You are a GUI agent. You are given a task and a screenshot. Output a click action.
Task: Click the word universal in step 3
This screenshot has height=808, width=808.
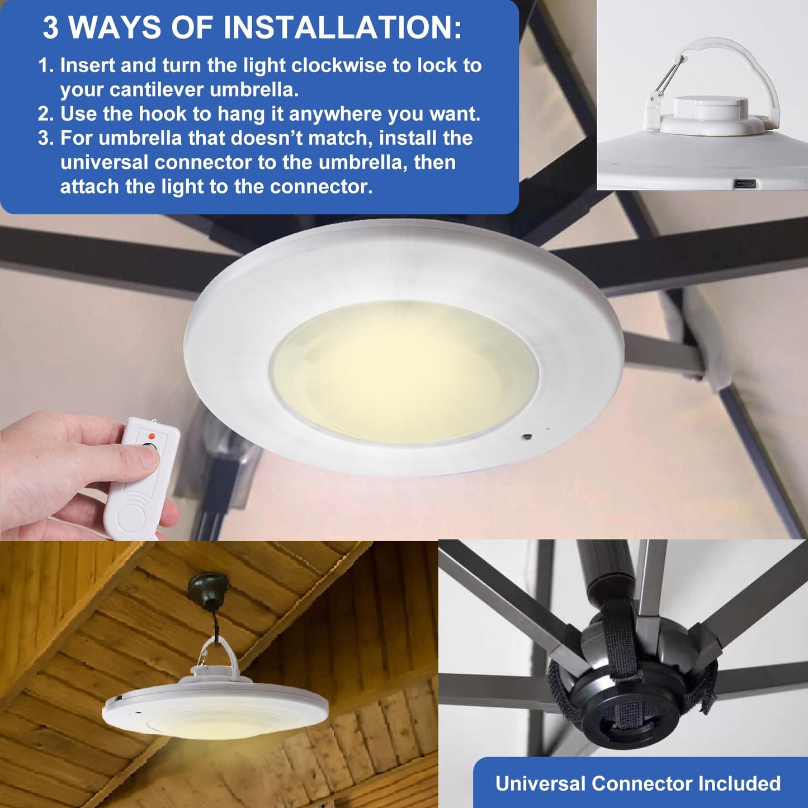(x=104, y=163)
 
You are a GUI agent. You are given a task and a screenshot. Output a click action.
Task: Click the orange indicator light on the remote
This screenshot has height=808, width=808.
(x=152, y=434)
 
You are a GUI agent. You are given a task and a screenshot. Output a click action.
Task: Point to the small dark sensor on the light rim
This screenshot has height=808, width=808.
(x=526, y=435)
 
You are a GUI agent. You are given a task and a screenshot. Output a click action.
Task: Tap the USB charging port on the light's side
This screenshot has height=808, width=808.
(x=744, y=183)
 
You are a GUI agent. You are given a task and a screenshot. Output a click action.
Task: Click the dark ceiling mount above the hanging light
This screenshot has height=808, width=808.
(x=209, y=585)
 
